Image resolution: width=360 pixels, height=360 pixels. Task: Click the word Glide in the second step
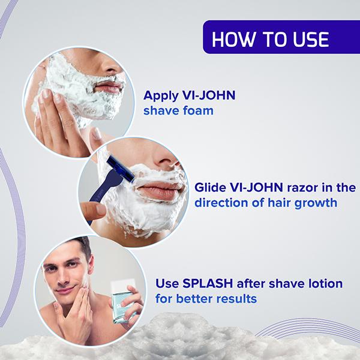coord(209,187)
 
